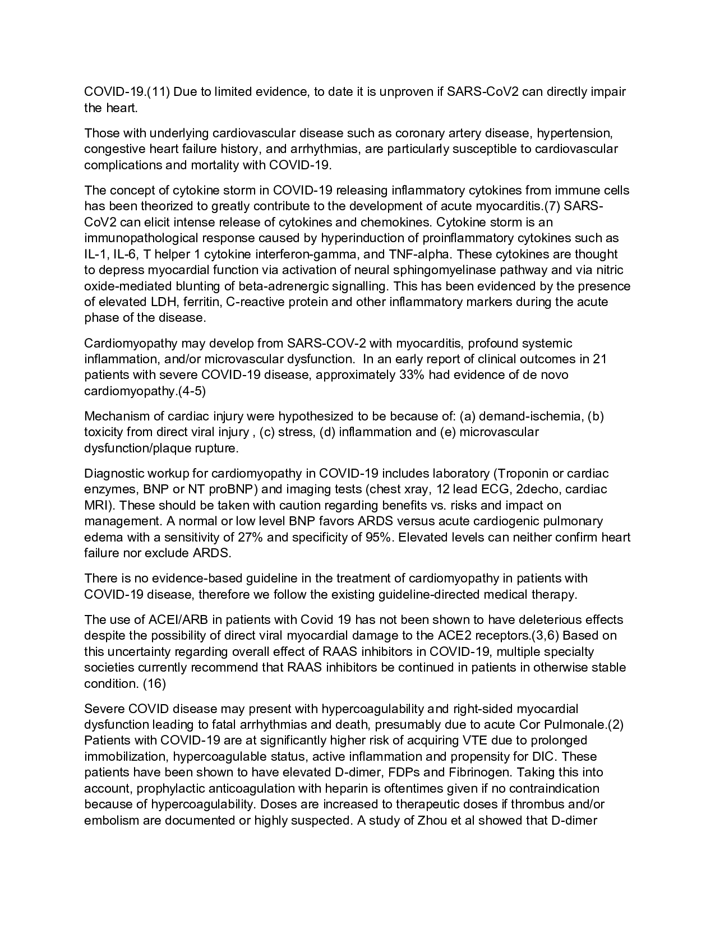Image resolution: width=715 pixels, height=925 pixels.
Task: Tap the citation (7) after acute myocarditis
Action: coord(553,206)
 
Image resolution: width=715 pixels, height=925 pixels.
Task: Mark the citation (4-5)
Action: coord(191,391)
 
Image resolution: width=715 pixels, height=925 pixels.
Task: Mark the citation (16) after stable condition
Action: coord(155,683)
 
